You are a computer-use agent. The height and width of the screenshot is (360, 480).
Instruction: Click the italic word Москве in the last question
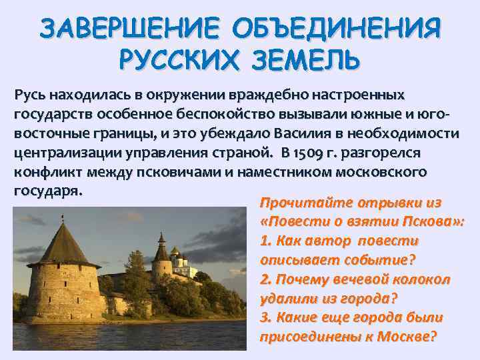tap(407, 337)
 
